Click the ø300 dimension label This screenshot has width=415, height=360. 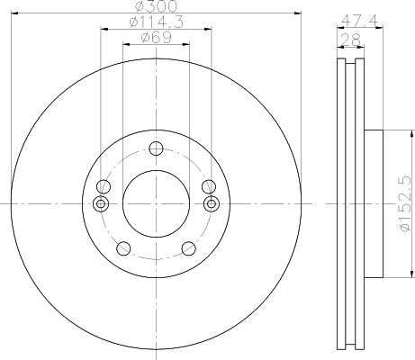156,6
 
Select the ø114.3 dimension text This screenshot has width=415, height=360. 156,22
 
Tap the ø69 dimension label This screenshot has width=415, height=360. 156,38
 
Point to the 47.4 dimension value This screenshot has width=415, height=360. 360,21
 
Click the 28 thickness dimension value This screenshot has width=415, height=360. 350,40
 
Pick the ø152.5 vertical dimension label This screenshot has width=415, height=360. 405,203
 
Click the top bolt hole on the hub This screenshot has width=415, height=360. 156,148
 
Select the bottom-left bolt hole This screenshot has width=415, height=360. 123,248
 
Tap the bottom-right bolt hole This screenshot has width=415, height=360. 189,248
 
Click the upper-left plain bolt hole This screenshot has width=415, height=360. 104,187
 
